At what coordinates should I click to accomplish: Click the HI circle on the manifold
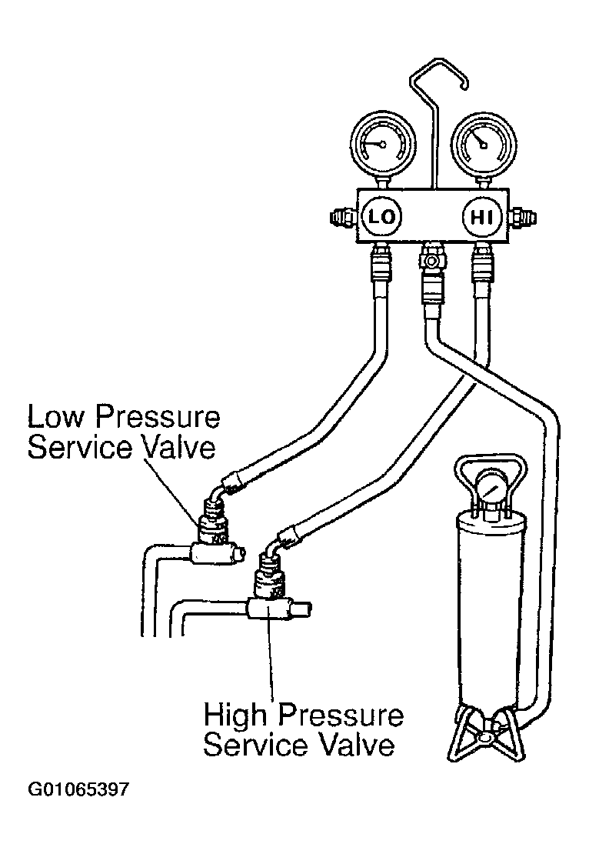click(481, 219)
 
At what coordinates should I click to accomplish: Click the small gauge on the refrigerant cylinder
click(490, 489)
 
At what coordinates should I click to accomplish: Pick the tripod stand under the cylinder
click(484, 735)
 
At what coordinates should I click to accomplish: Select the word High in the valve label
click(237, 716)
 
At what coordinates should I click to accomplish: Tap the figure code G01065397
click(79, 789)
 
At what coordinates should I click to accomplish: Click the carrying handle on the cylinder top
click(489, 465)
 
